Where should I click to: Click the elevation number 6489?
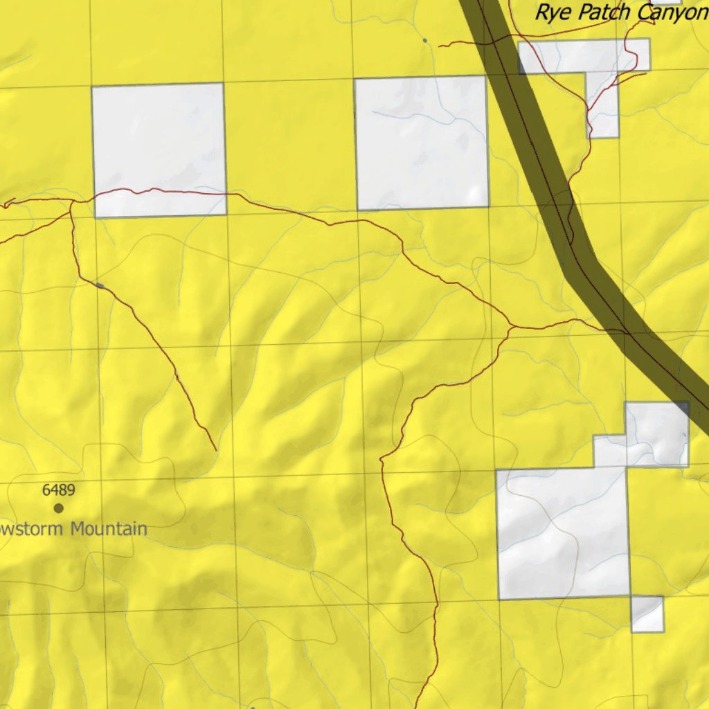coord(58,490)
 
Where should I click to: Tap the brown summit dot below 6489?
coord(59,508)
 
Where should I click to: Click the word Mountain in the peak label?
coord(109,530)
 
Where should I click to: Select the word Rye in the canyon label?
coord(552,12)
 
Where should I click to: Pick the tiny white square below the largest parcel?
coord(647,613)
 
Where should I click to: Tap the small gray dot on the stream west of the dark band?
coord(424,40)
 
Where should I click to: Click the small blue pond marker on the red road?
coord(100,285)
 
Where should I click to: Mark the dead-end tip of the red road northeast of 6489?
coord(216,450)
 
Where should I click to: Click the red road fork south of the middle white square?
coord(511,326)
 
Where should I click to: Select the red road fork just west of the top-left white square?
coord(72,201)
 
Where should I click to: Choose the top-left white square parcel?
coord(159,149)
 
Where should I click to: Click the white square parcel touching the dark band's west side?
coord(421,142)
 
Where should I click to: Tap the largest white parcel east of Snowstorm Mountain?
coord(562,533)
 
